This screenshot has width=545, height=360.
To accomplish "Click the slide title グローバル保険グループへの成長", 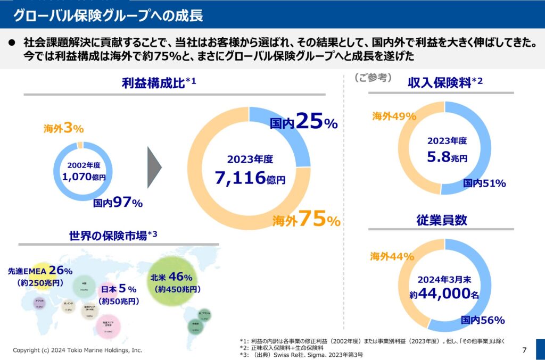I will (x=108, y=15).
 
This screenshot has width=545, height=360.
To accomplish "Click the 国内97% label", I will (x=118, y=203).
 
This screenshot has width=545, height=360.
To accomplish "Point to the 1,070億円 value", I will (x=84, y=177).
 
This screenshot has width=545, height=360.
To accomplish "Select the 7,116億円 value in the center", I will (x=250, y=178).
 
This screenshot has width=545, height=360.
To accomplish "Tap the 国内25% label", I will (x=303, y=123).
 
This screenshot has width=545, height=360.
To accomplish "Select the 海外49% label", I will (x=394, y=116).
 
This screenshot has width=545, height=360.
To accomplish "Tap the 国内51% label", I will (x=484, y=183).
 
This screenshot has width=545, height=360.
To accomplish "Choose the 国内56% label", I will (x=483, y=320).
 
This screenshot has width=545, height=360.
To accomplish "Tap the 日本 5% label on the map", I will (x=119, y=289).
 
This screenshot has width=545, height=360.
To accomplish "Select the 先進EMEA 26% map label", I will (x=40, y=271).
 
